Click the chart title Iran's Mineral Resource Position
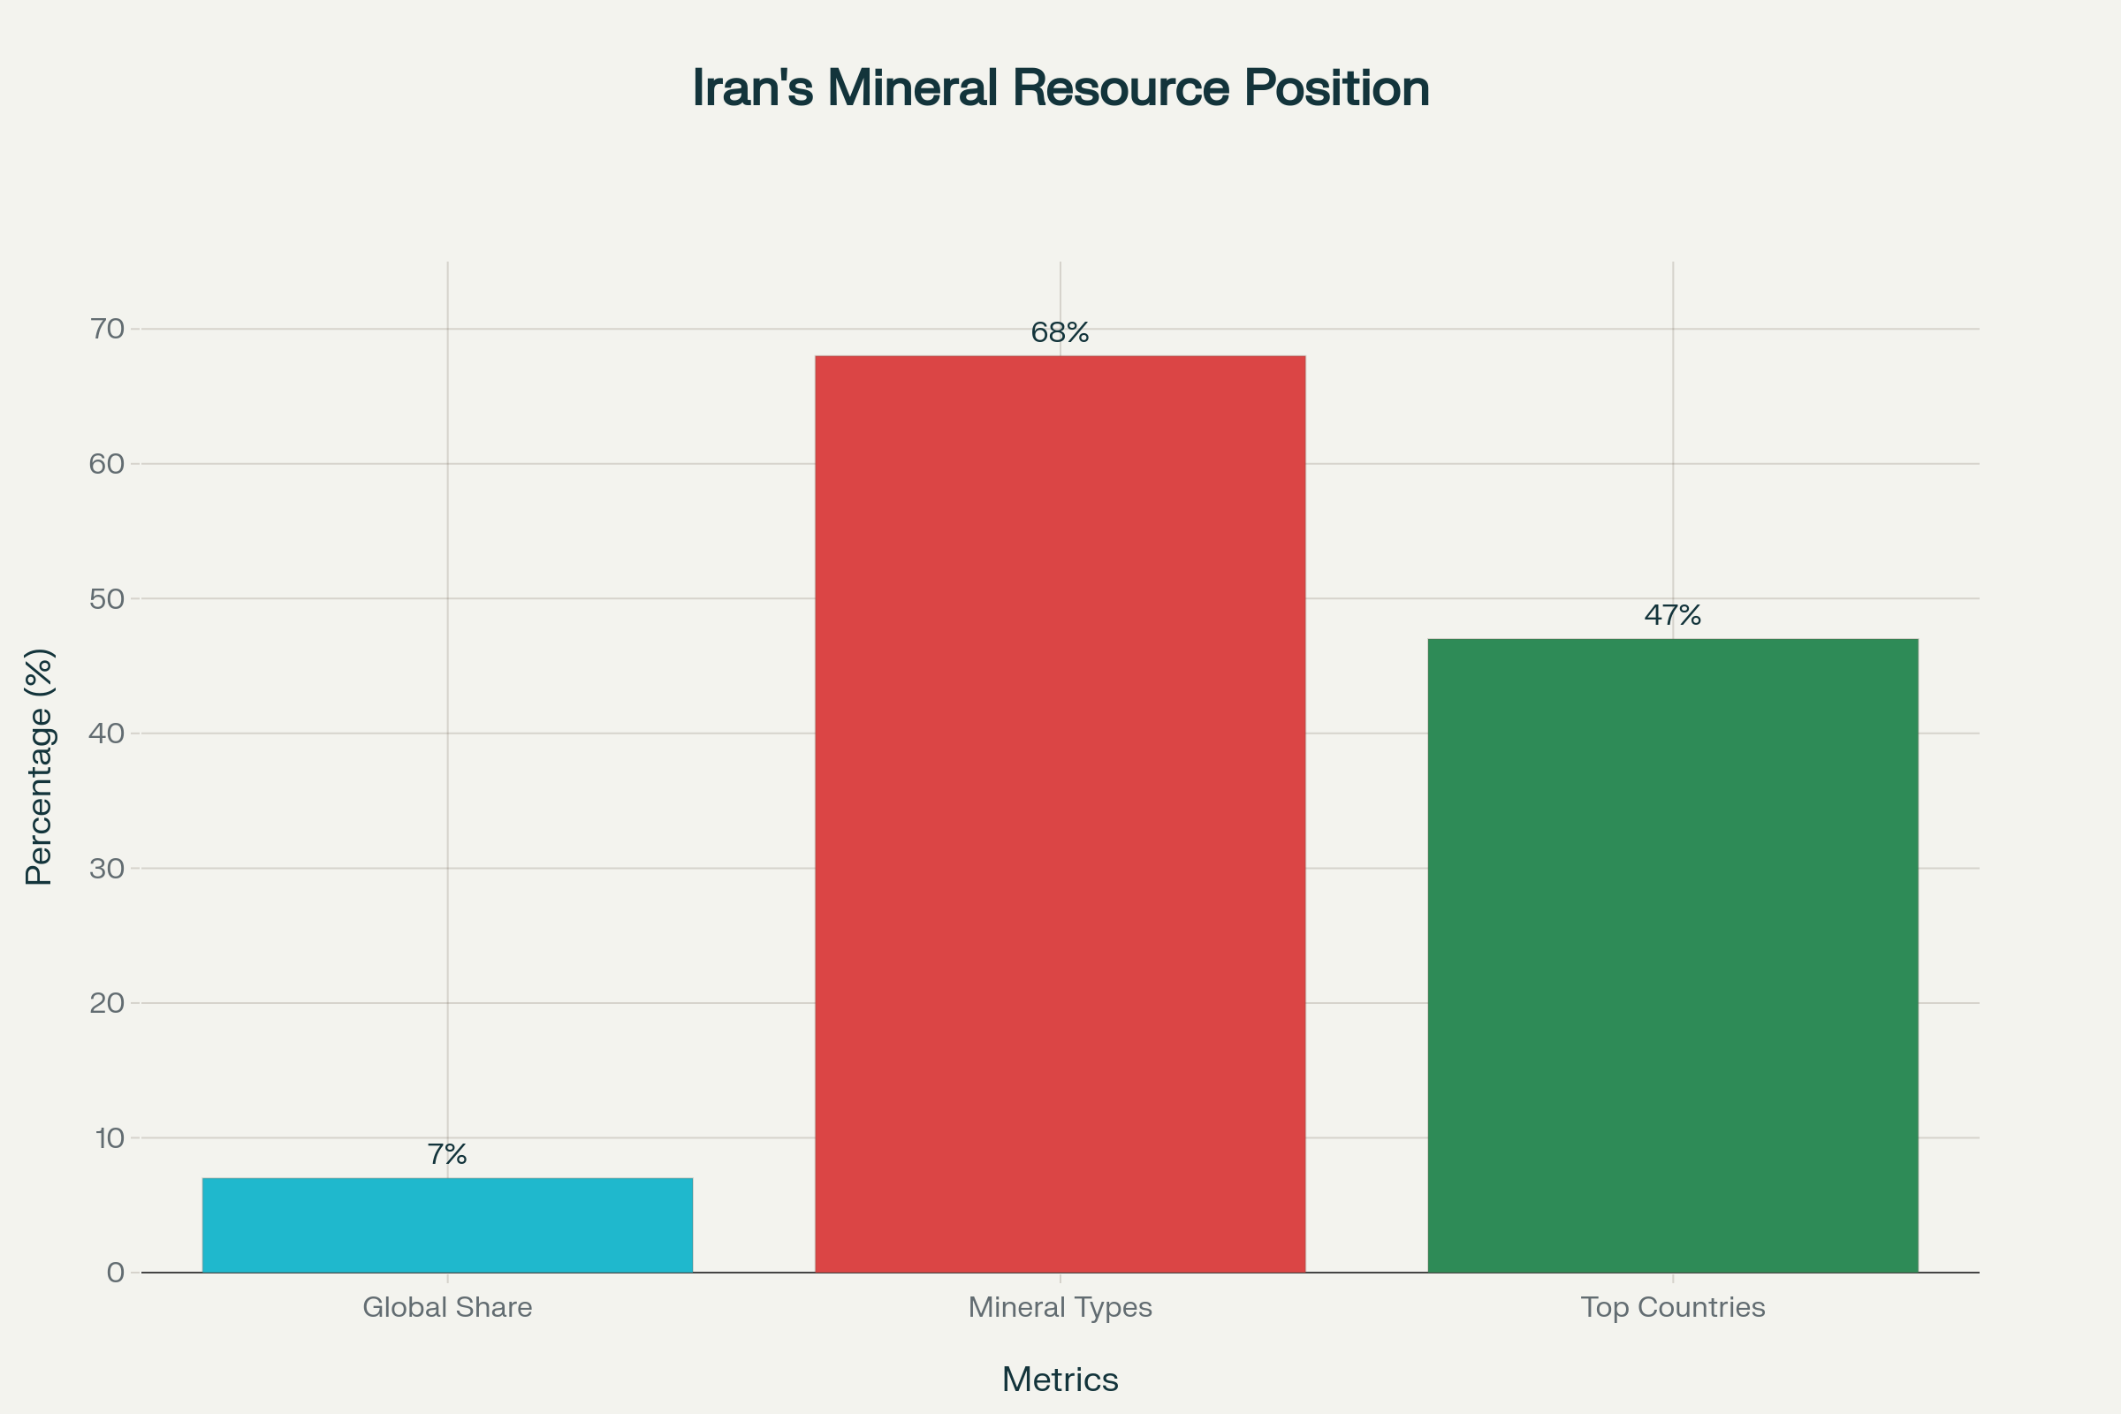click(1060, 88)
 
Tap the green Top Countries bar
click(1673, 955)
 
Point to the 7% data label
click(447, 1154)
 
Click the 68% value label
click(1060, 333)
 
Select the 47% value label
click(1673, 615)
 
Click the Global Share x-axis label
click(447, 1307)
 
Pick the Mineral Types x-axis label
click(1060, 1307)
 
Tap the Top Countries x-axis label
click(1673, 1307)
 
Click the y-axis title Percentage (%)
click(40, 766)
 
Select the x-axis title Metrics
click(1060, 1380)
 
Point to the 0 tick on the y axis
click(116, 1273)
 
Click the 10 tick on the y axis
click(109, 1138)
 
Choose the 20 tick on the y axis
click(107, 1003)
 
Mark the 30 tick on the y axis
click(107, 869)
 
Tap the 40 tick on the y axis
click(107, 734)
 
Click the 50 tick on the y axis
click(107, 599)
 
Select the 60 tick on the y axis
click(107, 463)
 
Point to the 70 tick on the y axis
click(107, 329)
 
